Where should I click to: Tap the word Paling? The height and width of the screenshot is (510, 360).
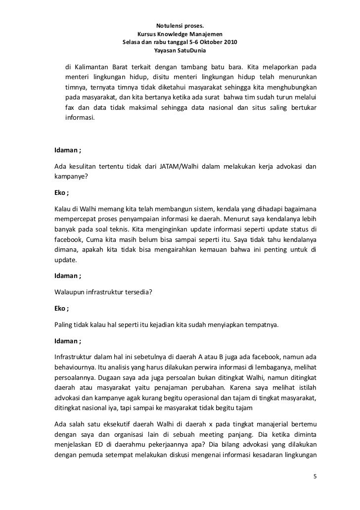coord(64,325)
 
